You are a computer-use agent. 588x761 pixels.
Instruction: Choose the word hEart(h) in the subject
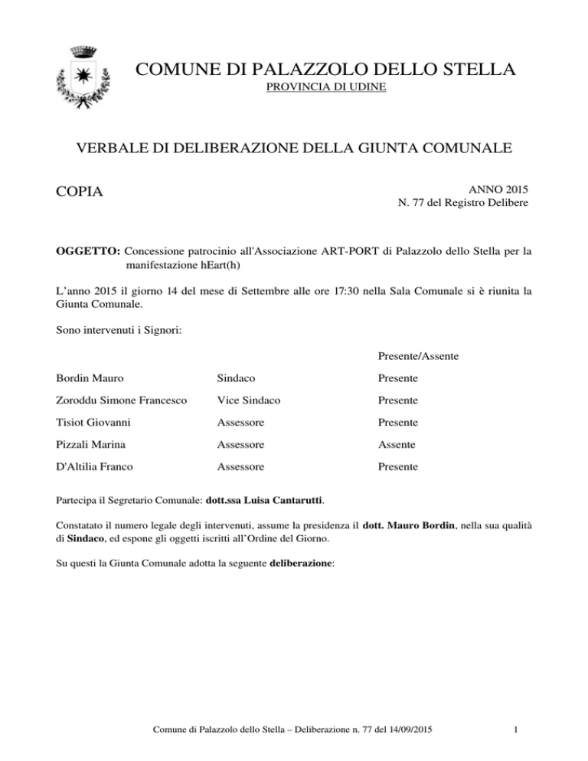[219, 265]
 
